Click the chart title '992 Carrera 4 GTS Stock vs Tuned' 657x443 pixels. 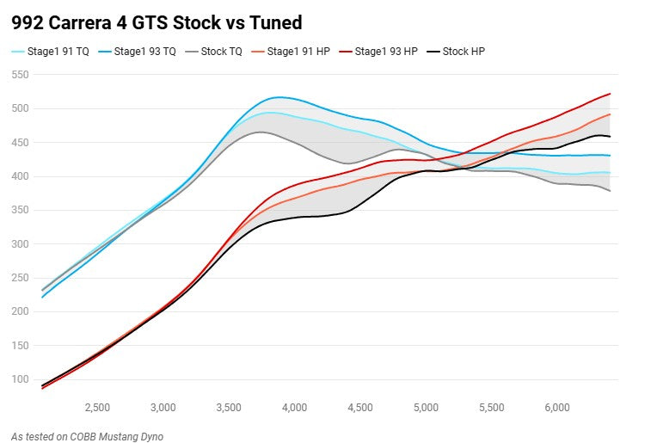pos(157,22)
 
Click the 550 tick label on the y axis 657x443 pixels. pos(19,75)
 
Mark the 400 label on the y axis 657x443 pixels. pos(19,176)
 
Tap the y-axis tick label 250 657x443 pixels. pos(19,278)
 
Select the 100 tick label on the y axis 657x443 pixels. pos(19,379)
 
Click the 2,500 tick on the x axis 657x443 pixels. pos(96,407)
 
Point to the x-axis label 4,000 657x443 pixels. pos(294,407)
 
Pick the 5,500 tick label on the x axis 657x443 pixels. pos(491,407)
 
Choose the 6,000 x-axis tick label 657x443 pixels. pos(557,407)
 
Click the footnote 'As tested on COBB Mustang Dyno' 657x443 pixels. pos(88,436)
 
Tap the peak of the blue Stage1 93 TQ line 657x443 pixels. pos(278,97)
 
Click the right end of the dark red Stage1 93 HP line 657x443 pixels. pos(610,94)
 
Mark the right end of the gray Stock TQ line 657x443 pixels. pos(610,191)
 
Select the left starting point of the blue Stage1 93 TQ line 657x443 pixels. pos(42,298)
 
